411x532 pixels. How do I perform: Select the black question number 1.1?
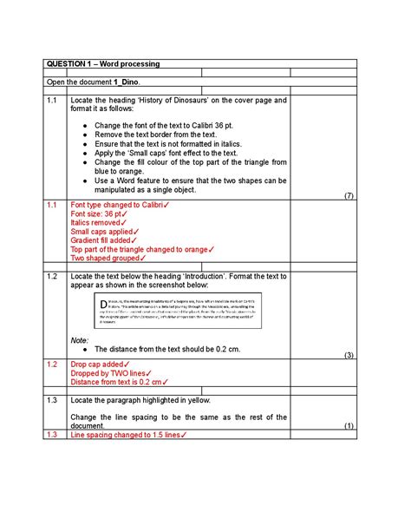[x=52, y=101]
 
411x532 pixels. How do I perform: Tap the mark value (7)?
[x=349, y=195]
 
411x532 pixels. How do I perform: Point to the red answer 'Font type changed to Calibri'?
[x=120, y=205]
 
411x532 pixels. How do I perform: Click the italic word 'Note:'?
[x=80, y=340]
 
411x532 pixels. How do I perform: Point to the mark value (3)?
[x=349, y=356]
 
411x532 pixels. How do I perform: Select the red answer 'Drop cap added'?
[x=101, y=365]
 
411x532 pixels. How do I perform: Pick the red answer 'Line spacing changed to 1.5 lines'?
[x=127, y=435]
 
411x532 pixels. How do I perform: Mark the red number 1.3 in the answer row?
[x=52, y=435]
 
